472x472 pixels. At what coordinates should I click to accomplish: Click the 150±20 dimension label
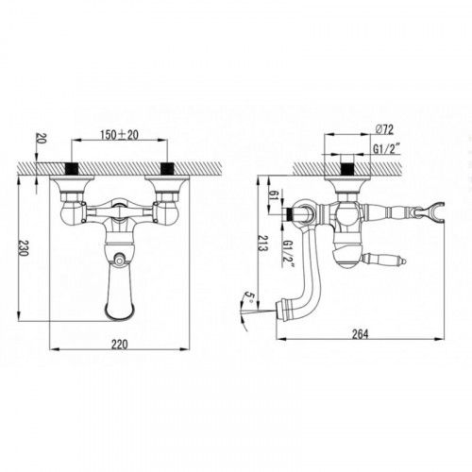pyautogui.click(x=119, y=135)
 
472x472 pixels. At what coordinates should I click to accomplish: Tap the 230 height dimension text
pyautogui.click(x=23, y=248)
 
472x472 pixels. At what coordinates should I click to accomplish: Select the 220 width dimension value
pyautogui.click(x=120, y=345)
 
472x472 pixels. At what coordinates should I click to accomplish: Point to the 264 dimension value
pyautogui.click(x=360, y=334)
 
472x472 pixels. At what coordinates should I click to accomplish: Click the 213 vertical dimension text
pyautogui.click(x=262, y=243)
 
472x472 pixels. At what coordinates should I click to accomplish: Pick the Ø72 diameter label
pyautogui.click(x=384, y=129)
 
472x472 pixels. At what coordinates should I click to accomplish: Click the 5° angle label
pyautogui.click(x=249, y=296)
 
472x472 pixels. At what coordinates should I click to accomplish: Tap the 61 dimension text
pyautogui.click(x=274, y=195)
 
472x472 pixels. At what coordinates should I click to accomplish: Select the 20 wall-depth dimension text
pyautogui.click(x=42, y=138)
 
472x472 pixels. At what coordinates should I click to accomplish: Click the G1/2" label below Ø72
pyautogui.click(x=387, y=149)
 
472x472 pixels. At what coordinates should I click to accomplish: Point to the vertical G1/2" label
pyautogui.click(x=288, y=254)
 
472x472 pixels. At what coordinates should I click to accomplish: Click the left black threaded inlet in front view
pyautogui.click(x=71, y=168)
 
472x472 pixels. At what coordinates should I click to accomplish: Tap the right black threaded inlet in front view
pyautogui.click(x=167, y=168)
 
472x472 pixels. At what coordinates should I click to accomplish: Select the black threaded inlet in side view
pyautogui.click(x=347, y=168)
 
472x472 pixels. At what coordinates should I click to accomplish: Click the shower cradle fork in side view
pyautogui.click(x=434, y=211)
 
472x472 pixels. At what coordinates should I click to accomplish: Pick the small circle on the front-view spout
pyautogui.click(x=119, y=260)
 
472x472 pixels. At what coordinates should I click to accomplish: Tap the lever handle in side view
pyautogui.click(x=384, y=260)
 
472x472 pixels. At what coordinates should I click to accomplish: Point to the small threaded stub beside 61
pyautogui.click(x=288, y=214)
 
